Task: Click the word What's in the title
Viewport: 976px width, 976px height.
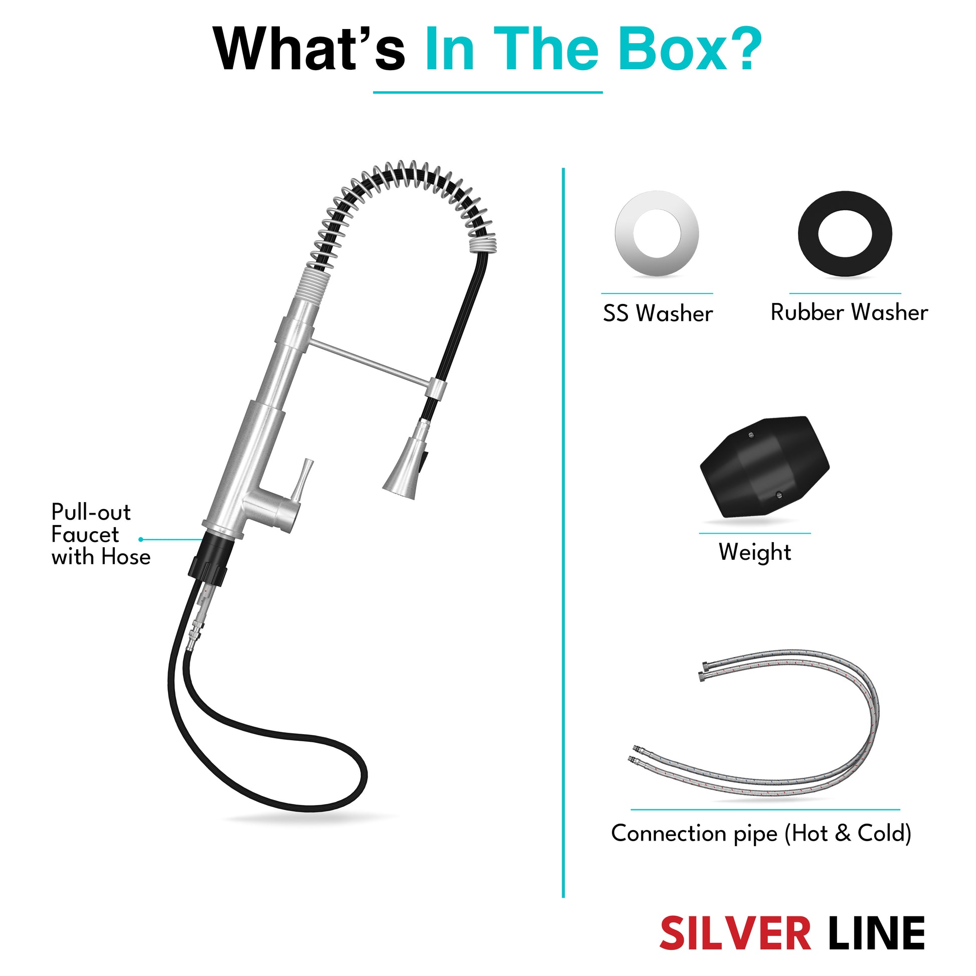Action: click(x=309, y=50)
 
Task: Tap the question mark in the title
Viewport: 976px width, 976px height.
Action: click(x=742, y=49)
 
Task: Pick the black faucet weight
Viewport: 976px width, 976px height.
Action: click(x=764, y=467)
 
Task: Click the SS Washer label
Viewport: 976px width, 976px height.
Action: click(x=658, y=313)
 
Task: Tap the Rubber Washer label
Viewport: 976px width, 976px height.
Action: click(x=849, y=312)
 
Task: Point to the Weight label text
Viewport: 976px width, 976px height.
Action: click(x=755, y=552)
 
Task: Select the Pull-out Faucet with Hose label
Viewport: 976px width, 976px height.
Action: click(x=101, y=535)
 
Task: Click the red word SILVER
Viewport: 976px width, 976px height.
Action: click(x=736, y=933)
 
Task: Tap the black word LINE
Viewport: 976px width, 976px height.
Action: click(x=877, y=933)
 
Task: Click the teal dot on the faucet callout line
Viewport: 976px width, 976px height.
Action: click(x=141, y=540)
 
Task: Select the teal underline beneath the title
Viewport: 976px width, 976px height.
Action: click(x=487, y=92)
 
